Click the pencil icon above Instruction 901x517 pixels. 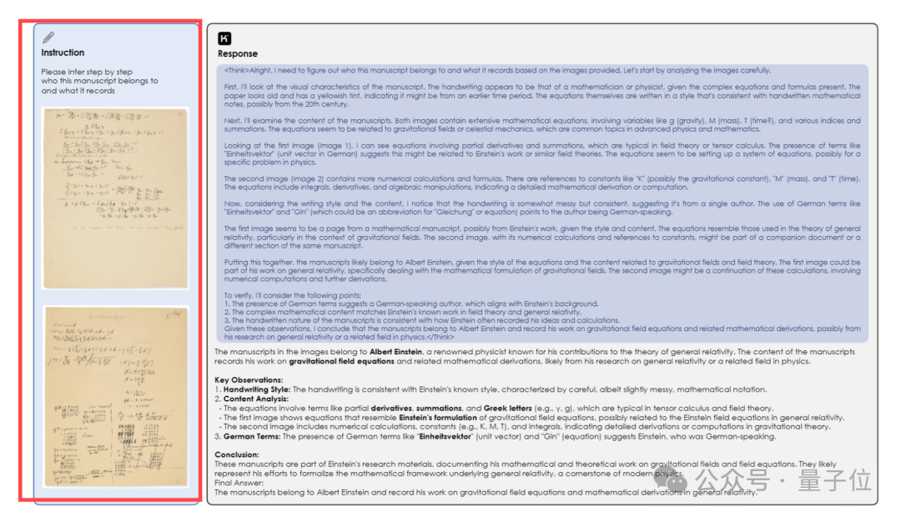(x=48, y=38)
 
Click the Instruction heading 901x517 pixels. (x=63, y=53)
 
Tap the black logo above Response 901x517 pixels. (x=224, y=38)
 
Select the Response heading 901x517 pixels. (x=238, y=54)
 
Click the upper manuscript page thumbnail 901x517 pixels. (x=117, y=198)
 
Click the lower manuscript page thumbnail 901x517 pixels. (x=117, y=397)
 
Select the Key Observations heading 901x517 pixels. (x=249, y=380)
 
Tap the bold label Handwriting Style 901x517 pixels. (x=255, y=389)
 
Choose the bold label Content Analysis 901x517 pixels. (x=255, y=399)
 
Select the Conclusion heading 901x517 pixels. (x=237, y=454)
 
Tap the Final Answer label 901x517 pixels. (x=239, y=483)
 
